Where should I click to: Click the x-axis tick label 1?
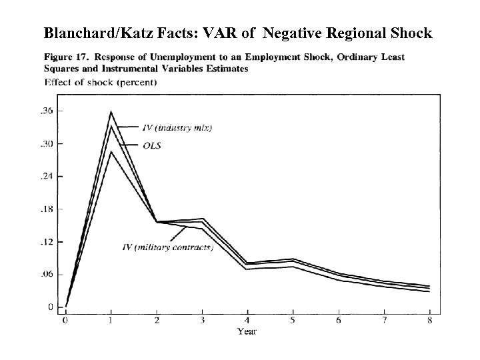(x=111, y=321)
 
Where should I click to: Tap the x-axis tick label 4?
(x=247, y=321)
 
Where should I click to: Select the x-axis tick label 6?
(x=338, y=321)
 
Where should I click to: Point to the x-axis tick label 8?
(x=429, y=321)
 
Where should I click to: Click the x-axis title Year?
(x=247, y=331)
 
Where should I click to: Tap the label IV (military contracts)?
(x=168, y=247)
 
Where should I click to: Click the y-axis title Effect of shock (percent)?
(x=101, y=83)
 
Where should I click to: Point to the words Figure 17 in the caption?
(x=67, y=57)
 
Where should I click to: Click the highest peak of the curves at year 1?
(x=111, y=112)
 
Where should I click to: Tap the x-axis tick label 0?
(x=65, y=321)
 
